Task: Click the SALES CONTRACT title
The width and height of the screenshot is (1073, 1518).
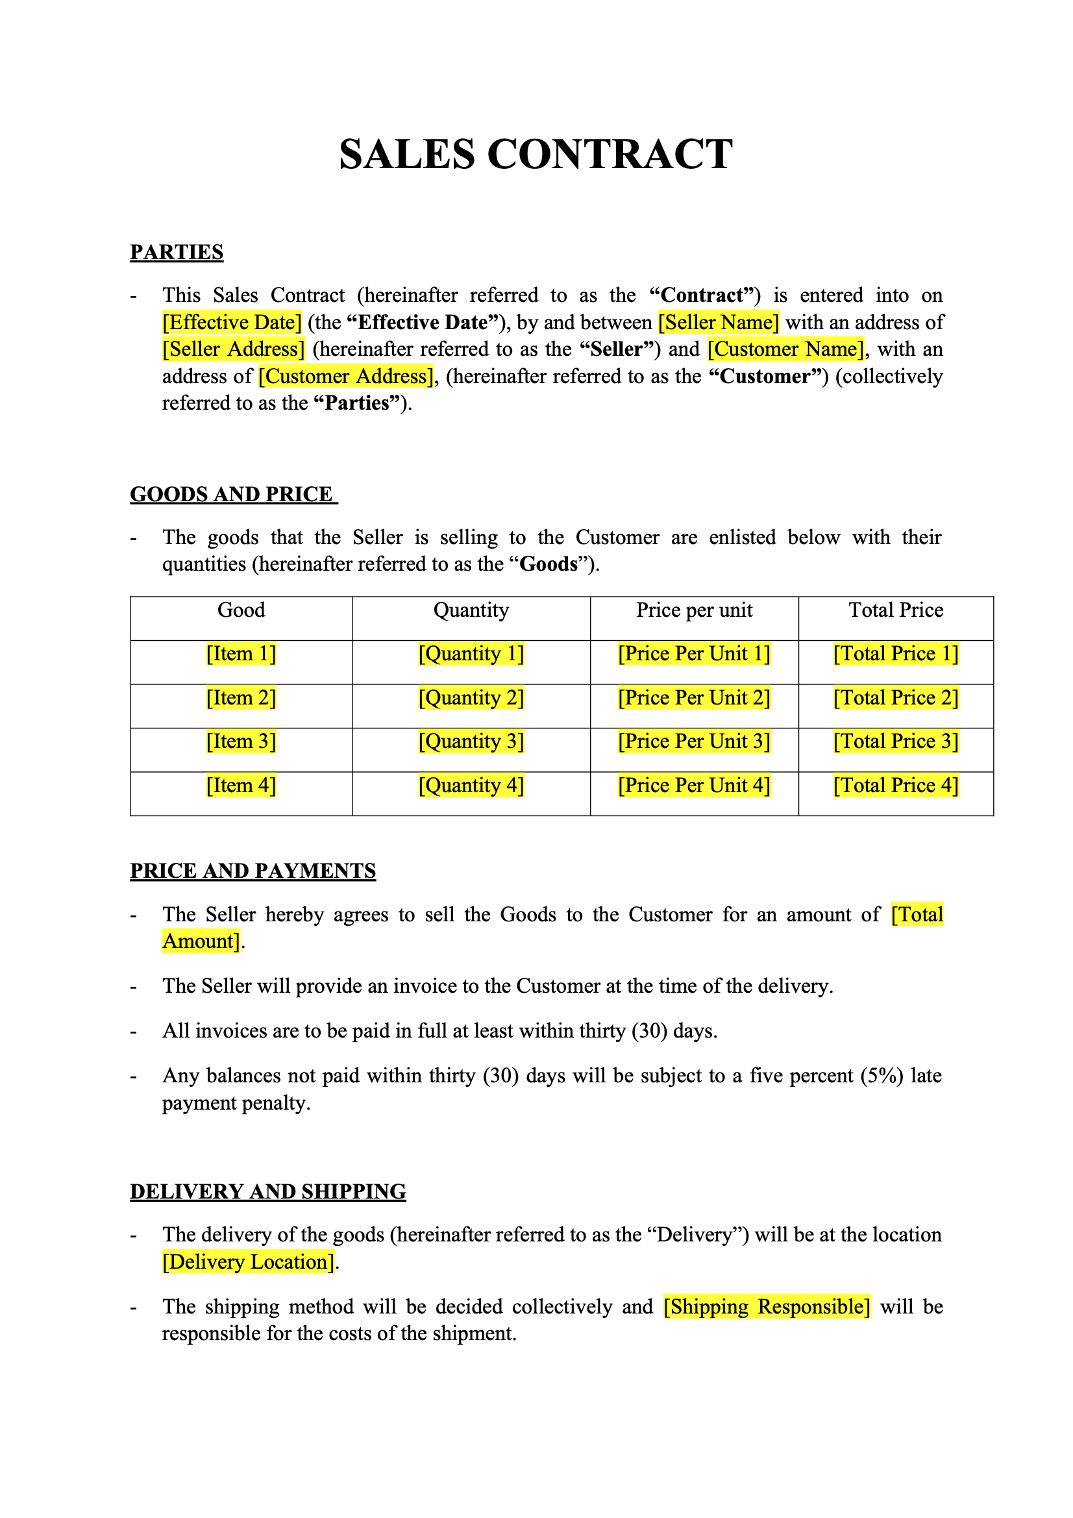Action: coord(536,155)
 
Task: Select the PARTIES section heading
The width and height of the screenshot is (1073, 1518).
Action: coord(177,253)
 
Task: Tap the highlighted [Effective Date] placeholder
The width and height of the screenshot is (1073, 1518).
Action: coord(232,323)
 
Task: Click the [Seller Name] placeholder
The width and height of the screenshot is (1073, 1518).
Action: coord(719,323)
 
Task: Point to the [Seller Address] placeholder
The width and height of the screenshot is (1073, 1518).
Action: coord(234,349)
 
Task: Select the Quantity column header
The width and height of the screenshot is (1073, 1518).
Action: coord(471,610)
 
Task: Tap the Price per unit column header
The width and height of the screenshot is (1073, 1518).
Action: coord(694,610)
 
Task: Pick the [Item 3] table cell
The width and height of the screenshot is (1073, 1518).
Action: coord(241,742)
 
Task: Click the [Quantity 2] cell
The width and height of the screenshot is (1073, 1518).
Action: coord(471,698)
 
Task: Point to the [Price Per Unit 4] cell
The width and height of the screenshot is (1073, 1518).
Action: coord(694,786)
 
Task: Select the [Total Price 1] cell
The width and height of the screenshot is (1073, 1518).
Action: coord(896,654)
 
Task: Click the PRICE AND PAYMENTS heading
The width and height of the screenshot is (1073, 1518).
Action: coord(253,871)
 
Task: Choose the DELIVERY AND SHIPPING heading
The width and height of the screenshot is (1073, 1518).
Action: coord(267,1191)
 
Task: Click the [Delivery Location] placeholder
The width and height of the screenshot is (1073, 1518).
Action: coord(249,1262)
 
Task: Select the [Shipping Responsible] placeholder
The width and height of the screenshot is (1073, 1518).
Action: coord(767,1307)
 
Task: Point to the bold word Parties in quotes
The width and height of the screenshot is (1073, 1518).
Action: coord(358,403)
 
